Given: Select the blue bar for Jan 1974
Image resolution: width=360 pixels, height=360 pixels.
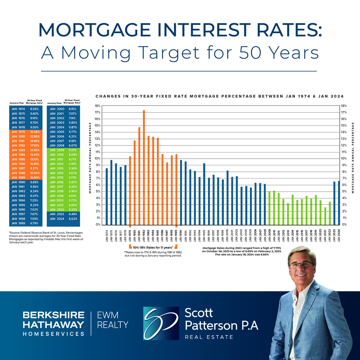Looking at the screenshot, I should pos(106,196).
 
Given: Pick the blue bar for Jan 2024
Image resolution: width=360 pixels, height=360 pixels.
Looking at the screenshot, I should pos(339,203).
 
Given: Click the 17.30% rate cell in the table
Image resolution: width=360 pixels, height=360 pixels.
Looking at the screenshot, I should pos(35,145).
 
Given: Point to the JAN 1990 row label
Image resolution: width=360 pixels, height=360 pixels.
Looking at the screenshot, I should pos(18,182).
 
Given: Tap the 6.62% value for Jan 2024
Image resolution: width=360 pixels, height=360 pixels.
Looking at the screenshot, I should pos(73,219).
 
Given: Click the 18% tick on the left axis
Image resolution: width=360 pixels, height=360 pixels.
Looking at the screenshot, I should pos(97,106).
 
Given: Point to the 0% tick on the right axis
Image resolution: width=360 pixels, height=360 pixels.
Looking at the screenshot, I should pos(344,225).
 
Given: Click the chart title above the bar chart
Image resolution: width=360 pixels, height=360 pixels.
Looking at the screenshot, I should pos(219,96).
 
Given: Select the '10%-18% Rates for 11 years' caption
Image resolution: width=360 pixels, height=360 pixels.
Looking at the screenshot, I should pos(153,247).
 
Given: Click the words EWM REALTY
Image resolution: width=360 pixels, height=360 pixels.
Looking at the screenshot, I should pos(112,320).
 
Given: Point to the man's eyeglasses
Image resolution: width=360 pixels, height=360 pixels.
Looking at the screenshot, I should pos(301,265).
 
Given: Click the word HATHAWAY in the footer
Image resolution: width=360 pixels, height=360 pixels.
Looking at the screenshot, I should pos(53,324).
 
